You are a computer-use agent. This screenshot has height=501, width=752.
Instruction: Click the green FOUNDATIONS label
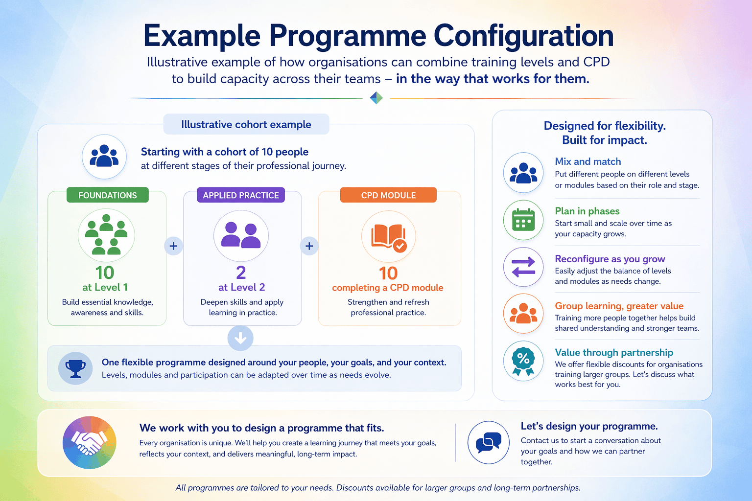108,195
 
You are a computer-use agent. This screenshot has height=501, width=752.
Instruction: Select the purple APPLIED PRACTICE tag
241,195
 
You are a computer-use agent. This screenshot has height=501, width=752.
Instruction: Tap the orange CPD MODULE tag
388,195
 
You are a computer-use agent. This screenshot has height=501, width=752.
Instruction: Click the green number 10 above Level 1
105,273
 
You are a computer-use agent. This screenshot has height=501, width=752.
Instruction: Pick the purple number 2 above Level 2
241,273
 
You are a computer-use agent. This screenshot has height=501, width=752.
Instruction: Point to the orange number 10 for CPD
388,273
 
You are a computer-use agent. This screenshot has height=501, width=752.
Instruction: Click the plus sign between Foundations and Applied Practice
173,246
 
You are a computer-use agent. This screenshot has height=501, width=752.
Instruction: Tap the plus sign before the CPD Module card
309,246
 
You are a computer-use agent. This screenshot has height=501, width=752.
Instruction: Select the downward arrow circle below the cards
240,338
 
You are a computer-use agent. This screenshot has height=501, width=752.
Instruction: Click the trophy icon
75,368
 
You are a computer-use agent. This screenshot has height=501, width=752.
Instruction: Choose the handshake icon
89,443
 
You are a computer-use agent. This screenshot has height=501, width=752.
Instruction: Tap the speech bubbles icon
489,442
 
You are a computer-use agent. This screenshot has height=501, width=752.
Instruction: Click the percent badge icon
523,361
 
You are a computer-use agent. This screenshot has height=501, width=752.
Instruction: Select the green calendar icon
523,220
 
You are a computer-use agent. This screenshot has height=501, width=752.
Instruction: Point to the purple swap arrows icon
523,267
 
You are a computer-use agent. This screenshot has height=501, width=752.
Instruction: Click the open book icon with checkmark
389,236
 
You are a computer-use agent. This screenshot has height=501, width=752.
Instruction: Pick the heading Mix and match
588,161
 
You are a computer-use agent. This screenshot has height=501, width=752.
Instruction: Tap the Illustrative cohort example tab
246,124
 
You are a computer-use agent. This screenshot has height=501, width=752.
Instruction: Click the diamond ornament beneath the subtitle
376,98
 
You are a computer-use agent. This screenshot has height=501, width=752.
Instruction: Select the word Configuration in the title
523,36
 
